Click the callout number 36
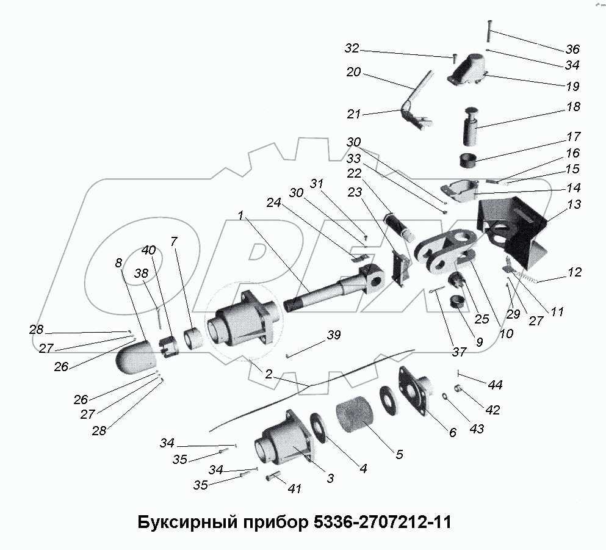point(572,49)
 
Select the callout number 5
point(399,454)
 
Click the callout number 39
point(333,335)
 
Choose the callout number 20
point(353,72)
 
